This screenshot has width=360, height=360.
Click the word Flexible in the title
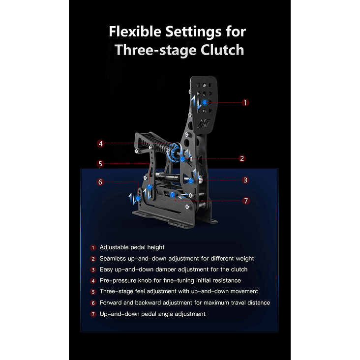tap(135, 31)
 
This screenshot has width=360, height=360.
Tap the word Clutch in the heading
tap(222, 50)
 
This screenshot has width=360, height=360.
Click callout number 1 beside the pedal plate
tap(245, 103)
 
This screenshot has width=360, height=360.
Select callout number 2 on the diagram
tap(242, 158)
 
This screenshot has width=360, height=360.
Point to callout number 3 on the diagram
tap(245, 180)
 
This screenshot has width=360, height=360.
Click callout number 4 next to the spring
tap(100, 144)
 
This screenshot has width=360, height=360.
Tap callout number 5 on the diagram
tap(100, 164)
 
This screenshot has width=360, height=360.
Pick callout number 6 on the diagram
tap(100, 182)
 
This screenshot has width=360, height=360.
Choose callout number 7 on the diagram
tap(246, 201)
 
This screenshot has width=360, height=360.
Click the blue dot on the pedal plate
tap(205, 102)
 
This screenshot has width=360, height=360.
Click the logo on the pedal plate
tap(204, 123)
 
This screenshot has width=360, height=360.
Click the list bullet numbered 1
tap(93, 248)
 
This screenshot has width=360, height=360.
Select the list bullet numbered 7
tap(93, 314)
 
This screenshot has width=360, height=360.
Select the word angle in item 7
tap(165, 314)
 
